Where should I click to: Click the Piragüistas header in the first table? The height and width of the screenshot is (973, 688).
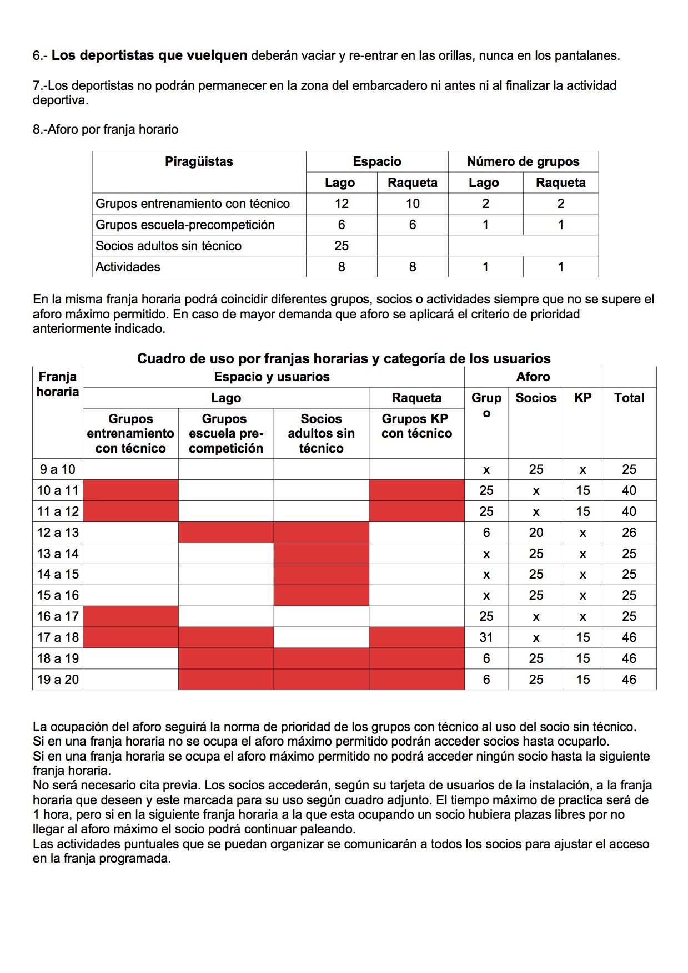click(x=199, y=162)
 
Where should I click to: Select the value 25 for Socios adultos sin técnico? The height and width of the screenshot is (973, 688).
click(x=342, y=246)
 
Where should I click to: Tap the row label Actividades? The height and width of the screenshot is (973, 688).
click(x=128, y=267)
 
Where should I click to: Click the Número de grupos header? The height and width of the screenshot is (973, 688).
click(x=523, y=162)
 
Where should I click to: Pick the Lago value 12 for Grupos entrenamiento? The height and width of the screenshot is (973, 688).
click(x=342, y=204)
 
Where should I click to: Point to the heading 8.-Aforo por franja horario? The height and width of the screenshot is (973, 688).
click(x=106, y=130)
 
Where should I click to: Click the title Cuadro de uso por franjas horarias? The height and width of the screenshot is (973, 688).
click(x=344, y=358)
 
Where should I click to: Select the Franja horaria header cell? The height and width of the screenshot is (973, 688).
click(x=58, y=384)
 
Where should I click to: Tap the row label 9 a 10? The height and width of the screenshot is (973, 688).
click(x=58, y=469)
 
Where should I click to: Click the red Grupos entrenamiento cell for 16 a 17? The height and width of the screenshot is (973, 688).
click(x=130, y=616)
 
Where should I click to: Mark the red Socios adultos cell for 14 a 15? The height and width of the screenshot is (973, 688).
click(x=321, y=574)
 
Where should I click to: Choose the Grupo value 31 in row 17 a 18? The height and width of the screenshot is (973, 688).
click(x=486, y=637)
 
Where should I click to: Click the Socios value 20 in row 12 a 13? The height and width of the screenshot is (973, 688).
click(x=536, y=533)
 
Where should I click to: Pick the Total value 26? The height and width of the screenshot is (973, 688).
click(x=629, y=533)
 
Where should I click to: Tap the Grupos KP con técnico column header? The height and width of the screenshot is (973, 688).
click(x=416, y=426)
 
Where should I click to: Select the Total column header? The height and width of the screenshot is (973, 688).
click(x=629, y=398)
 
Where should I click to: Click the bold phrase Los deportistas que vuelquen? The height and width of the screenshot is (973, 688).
click(x=149, y=55)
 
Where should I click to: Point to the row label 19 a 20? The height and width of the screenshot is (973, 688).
click(x=58, y=680)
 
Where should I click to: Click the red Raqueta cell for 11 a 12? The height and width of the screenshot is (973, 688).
click(x=416, y=511)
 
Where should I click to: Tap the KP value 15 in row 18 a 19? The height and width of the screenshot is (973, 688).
click(x=582, y=658)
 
